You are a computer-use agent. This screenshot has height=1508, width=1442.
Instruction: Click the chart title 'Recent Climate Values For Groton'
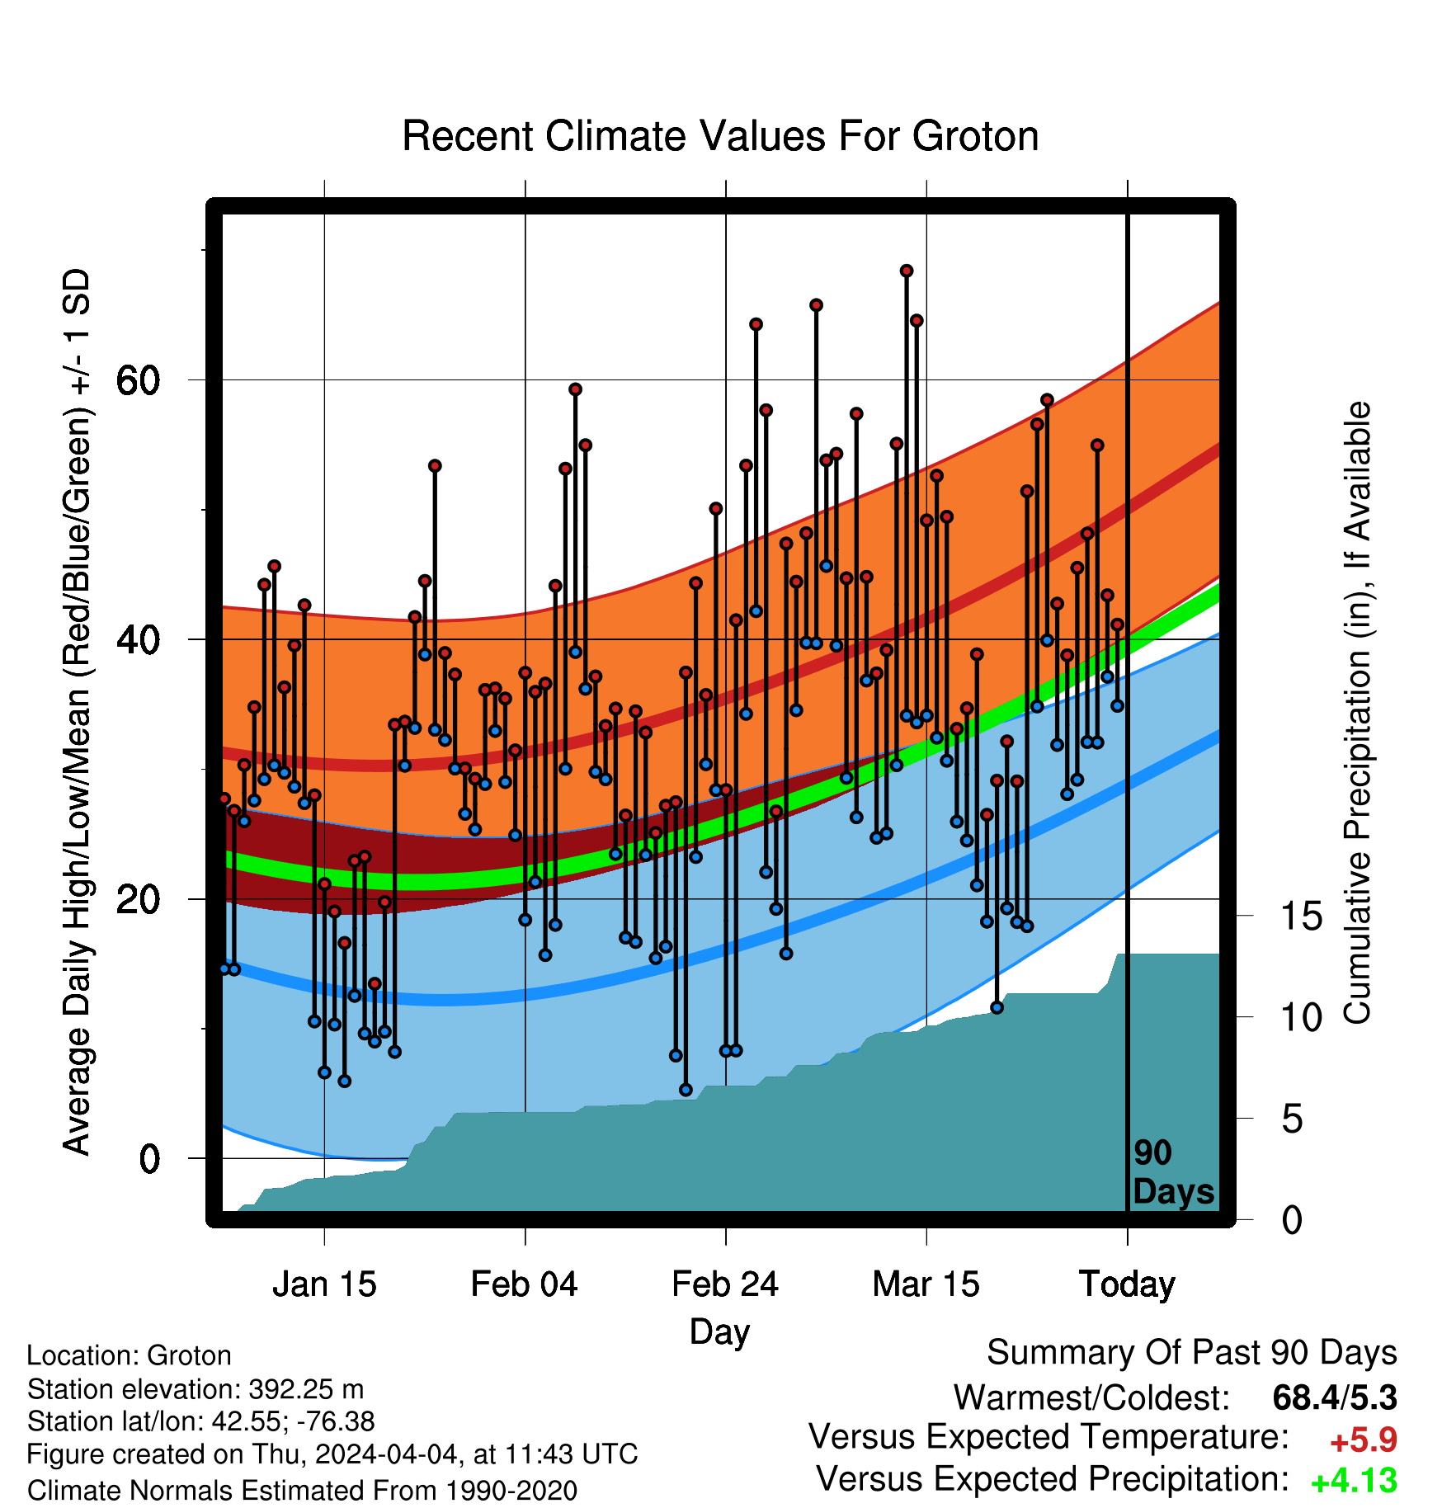coord(720,136)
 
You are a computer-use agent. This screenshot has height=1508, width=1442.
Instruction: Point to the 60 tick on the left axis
coord(138,380)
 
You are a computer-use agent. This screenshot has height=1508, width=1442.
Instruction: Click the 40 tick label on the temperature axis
coord(138,639)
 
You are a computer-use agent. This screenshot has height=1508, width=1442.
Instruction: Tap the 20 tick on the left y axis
coord(138,899)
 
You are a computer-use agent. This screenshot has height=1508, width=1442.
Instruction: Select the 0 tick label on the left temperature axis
coord(149,1158)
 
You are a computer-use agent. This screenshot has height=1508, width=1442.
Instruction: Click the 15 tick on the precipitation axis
coord(1301,916)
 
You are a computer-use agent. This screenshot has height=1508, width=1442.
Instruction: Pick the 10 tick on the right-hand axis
coord(1301,1017)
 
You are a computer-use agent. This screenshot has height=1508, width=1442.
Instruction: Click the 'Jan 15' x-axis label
coord(324,1284)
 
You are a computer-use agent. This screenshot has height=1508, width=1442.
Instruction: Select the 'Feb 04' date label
coord(525,1284)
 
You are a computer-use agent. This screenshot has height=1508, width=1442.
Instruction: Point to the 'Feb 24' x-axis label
coord(725,1284)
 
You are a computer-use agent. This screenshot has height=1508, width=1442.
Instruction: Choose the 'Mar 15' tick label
coord(926,1284)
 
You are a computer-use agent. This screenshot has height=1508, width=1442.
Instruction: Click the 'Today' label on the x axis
coord(1127,1284)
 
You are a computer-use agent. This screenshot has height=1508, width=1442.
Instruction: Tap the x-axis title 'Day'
coord(720,1332)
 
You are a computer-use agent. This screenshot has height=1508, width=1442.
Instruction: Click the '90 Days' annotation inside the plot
coord(1173,1172)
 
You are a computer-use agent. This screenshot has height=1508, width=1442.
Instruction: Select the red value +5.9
coord(1364,1440)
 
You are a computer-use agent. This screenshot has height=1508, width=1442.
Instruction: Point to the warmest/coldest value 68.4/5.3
coord(1335,1397)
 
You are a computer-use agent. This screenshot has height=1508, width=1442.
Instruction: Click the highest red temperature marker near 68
coord(907,271)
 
